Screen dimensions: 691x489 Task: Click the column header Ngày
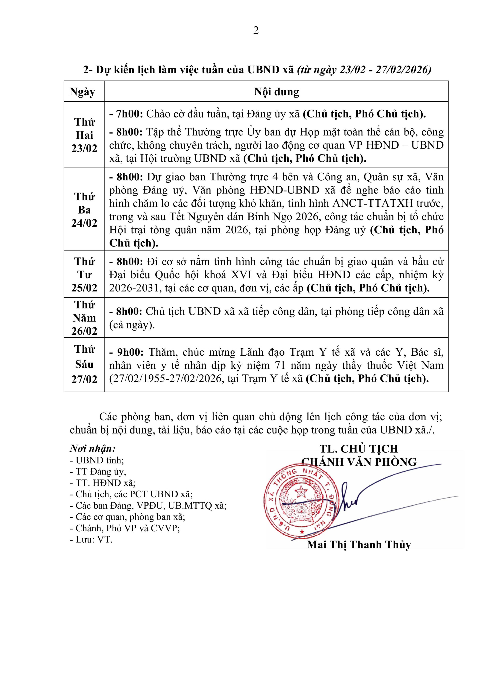(x=82, y=92)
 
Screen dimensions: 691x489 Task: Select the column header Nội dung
(x=277, y=92)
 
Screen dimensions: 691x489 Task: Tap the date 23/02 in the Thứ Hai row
(x=84, y=148)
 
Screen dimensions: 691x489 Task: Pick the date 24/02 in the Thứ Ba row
(x=84, y=223)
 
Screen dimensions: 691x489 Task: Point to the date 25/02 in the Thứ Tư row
(x=84, y=288)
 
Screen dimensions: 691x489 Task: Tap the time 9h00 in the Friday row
(x=128, y=352)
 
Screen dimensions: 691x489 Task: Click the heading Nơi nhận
(x=93, y=449)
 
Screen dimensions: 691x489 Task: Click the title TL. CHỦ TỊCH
(x=359, y=449)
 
